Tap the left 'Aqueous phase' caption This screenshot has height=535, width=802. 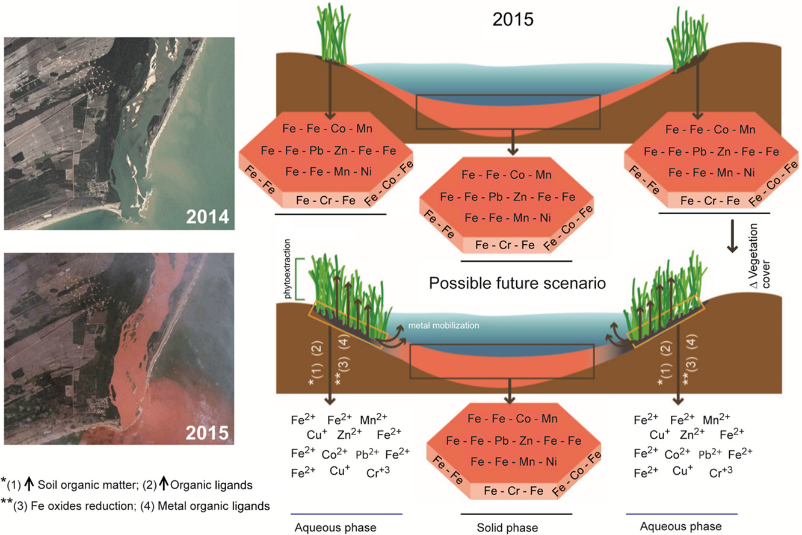pos(335,527)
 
